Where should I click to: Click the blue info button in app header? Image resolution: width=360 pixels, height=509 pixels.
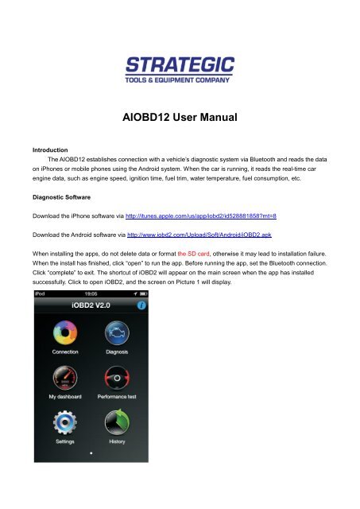pos(141,305)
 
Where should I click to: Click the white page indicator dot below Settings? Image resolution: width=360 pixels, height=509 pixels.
pos(91,453)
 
